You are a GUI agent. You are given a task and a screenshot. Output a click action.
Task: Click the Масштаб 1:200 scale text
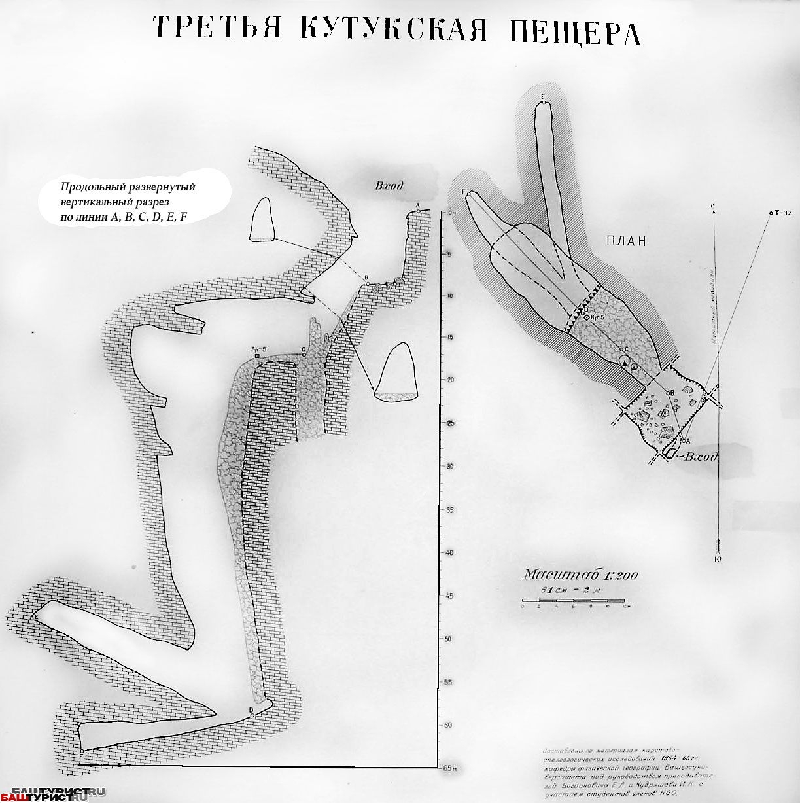580,575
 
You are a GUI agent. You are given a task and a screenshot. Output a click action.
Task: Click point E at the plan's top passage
543,98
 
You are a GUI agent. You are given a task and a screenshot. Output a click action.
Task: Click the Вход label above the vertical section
389,186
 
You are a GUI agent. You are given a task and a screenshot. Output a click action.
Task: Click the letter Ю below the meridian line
718,560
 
